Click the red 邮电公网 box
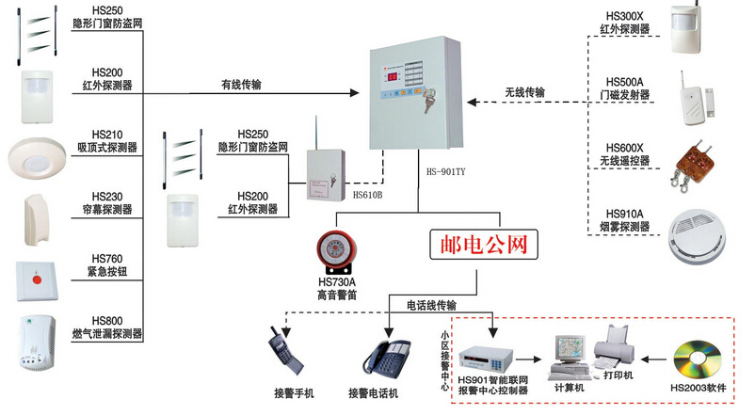(x=487, y=245)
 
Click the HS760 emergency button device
(x=38, y=279)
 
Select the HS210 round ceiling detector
(x=37, y=156)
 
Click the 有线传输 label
(x=241, y=84)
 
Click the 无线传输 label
(x=524, y=92)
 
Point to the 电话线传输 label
(x=431, y=305)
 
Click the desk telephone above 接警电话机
(x=386, y=356)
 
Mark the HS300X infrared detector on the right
(x=692, y=30)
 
